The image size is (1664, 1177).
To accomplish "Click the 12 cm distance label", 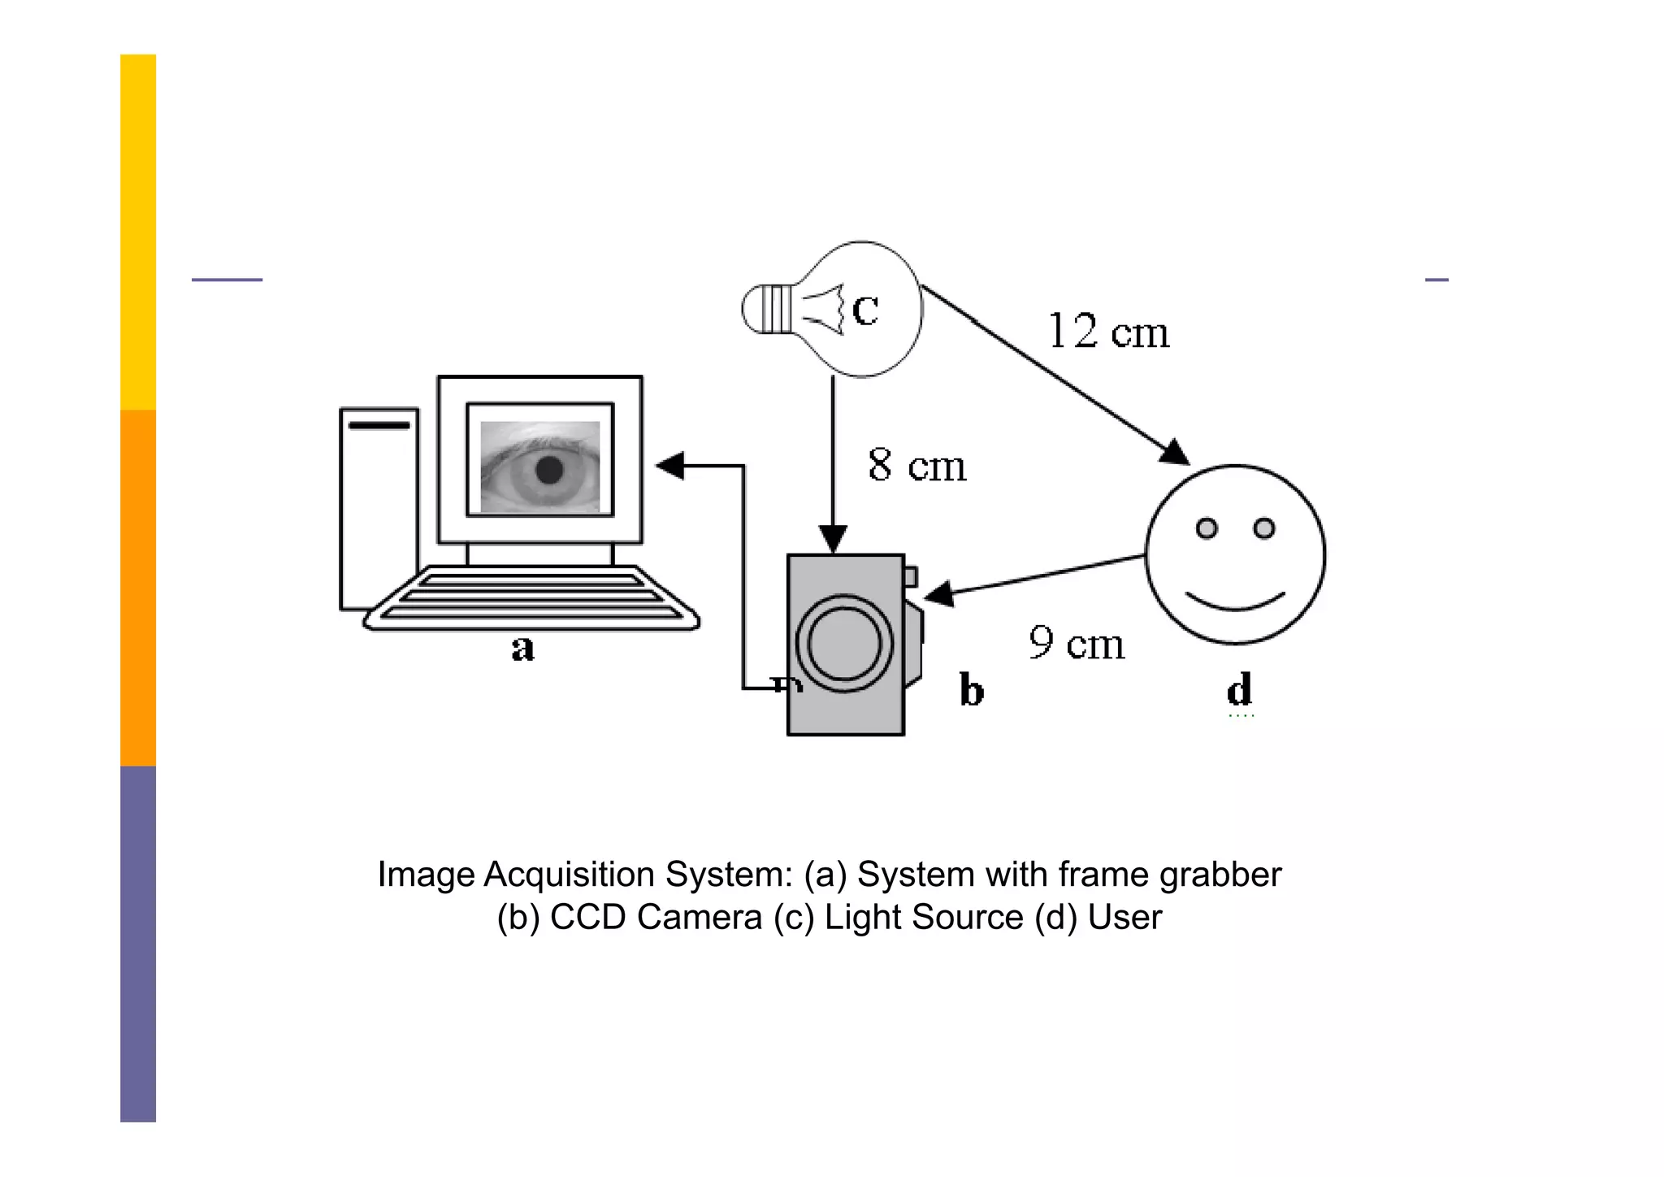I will pos(1108,332).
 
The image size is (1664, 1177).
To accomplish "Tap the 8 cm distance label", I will pos(916,466).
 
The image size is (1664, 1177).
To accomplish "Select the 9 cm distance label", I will pos(1077,643).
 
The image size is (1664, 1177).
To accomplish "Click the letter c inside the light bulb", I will pos(865,310).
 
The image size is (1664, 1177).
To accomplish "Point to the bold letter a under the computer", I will pos(523,649).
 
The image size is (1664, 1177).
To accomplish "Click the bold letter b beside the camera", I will pos(972,690).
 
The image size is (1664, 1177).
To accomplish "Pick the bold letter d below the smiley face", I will pos(1239,689).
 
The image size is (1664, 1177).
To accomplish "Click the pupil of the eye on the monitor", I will pos(549,470).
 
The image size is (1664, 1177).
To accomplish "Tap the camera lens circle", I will pos(845,643).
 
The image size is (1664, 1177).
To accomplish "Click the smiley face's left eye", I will pos(1207,528).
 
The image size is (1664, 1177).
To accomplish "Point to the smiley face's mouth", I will pos(1235,602).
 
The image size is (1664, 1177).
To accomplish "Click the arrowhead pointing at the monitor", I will pos(671,466).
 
